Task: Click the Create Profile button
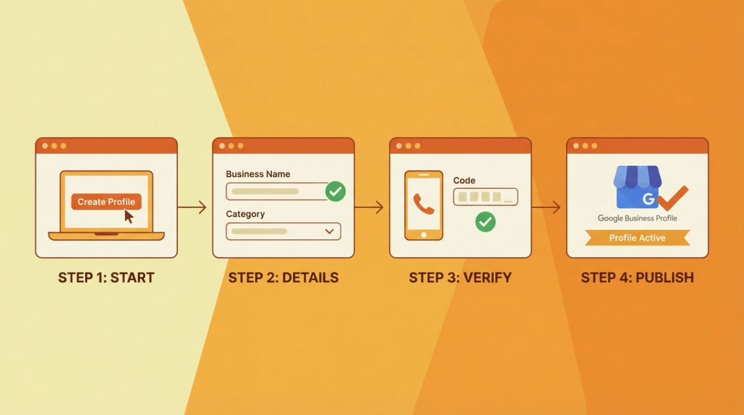point(106,202)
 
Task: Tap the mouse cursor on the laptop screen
point(129,216)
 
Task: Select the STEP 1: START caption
point(106,277)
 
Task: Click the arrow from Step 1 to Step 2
point(192,207)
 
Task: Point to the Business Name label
point(258,175)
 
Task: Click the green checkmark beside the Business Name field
point(335,192)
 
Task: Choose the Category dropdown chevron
point(329,231)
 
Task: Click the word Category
point(245,214)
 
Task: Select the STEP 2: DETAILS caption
point(283,277)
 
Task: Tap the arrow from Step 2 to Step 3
point(370,207)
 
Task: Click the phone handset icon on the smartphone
point(423,204)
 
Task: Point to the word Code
point(464,180)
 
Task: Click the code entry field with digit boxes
point(485,197)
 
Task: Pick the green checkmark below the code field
point(486,221)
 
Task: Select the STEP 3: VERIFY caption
point(460,277)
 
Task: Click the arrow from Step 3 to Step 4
point(546,207)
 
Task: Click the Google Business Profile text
point(637,218)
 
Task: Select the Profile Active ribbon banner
point(637,238)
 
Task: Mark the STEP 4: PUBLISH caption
point(637,277)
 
